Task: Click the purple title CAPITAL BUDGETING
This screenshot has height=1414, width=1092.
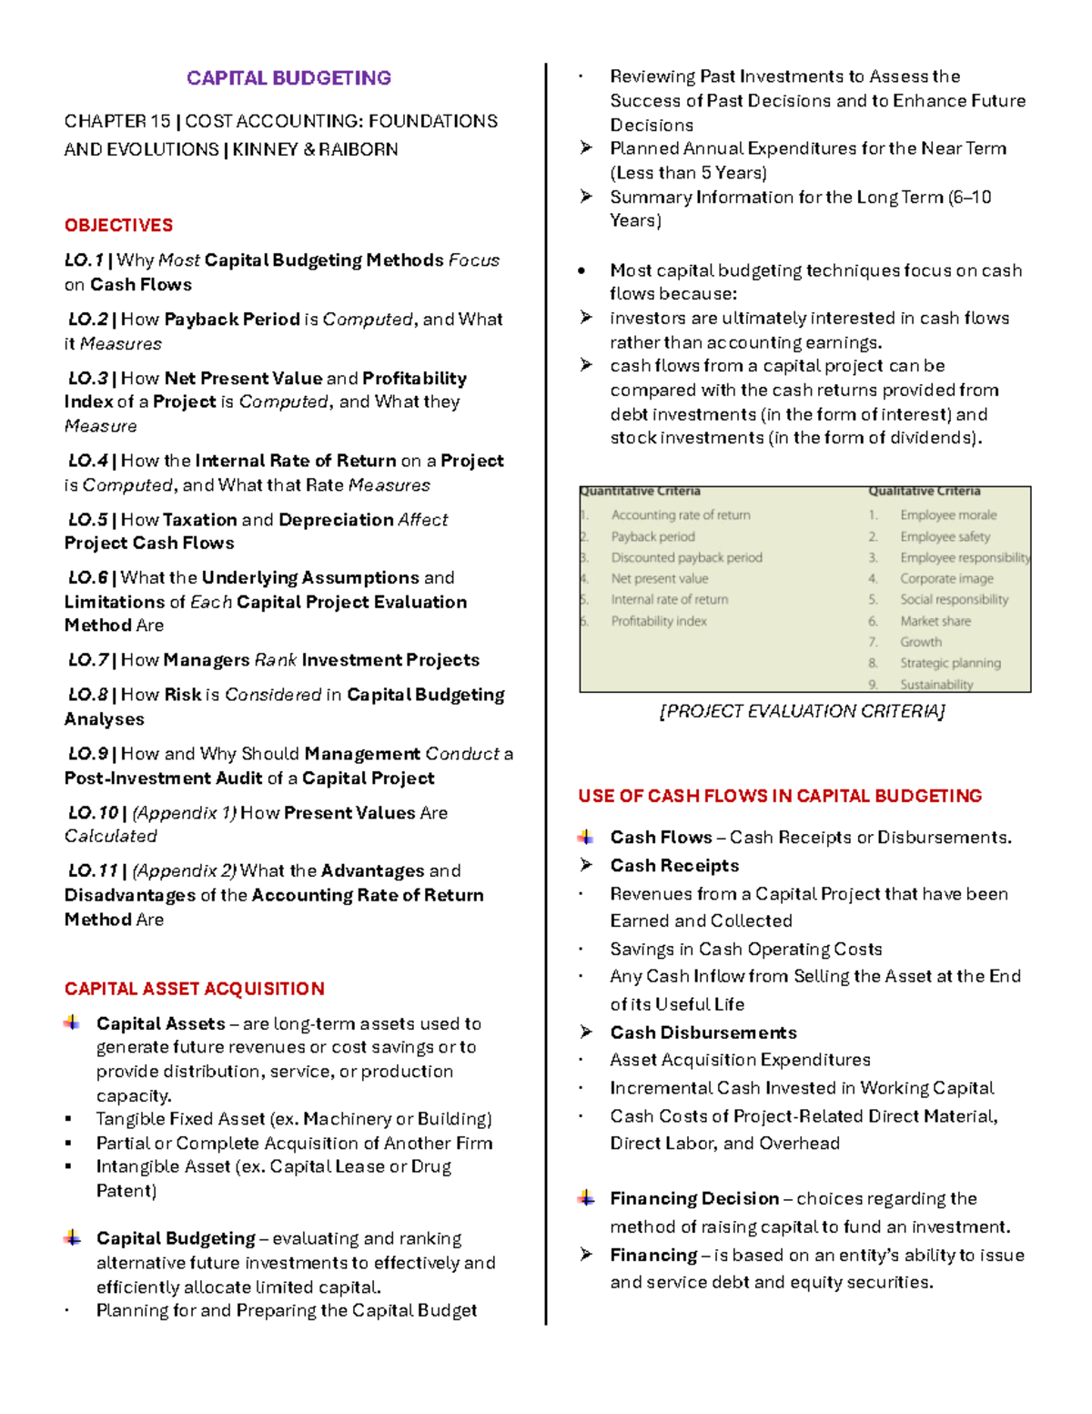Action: pos(288,78)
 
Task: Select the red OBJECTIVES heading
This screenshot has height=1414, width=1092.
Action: pos(118,225)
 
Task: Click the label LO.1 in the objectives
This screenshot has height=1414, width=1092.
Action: pos(84,260)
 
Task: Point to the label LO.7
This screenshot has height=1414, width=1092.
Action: pos(87,660)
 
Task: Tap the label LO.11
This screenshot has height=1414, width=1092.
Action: pos(93,870)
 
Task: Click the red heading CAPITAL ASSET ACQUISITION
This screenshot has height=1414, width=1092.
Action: pos(194,989)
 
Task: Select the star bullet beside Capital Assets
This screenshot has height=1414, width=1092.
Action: pos(72,1023)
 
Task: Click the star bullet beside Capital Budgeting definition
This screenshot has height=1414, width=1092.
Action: pos(72,1238)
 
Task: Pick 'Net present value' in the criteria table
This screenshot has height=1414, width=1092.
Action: pos(659,578)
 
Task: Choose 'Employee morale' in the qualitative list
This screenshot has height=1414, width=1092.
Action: pos(948,515)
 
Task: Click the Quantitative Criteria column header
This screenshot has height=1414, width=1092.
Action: pos(641,492)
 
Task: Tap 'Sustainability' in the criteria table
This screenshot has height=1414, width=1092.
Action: pos(936,685)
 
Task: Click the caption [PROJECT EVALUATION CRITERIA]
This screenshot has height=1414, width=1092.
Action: pos(802,711)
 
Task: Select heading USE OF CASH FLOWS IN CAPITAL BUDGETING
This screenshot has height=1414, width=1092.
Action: pos(780,796)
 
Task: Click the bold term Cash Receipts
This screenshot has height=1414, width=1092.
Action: pos(674,866)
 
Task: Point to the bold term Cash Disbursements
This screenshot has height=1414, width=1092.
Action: pos(703,1033)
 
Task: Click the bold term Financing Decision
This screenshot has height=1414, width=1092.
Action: pos(694,1198)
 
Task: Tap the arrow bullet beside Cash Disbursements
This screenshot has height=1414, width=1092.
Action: pos(587,1032)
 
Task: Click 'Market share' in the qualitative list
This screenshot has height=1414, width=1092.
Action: pos(935,621)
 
